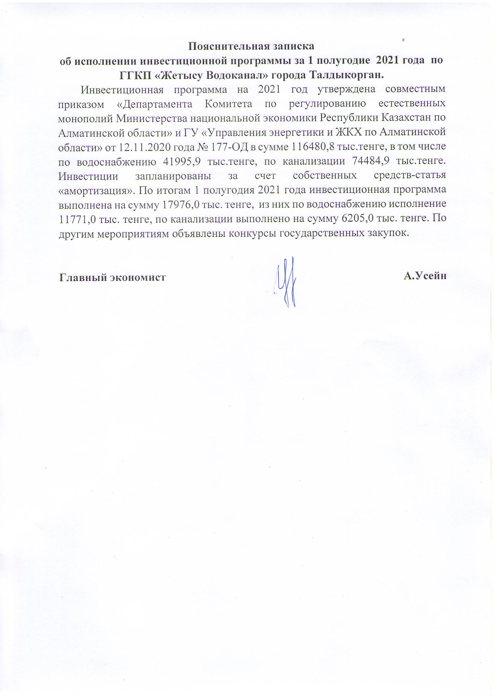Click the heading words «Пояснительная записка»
251,46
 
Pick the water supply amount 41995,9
181,161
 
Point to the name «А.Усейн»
425,276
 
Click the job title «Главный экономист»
112,277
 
